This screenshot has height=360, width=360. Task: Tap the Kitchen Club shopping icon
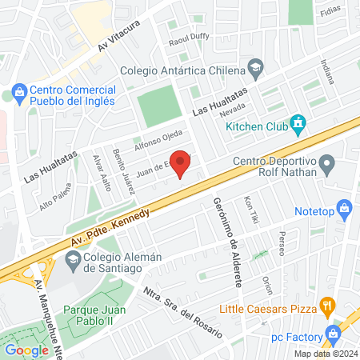point(299,124)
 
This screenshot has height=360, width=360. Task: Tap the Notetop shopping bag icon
point(345,210)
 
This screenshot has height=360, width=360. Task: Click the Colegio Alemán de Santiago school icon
point(73,259)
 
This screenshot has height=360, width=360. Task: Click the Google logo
point(26,350)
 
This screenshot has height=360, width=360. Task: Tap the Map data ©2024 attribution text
point(323,354)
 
